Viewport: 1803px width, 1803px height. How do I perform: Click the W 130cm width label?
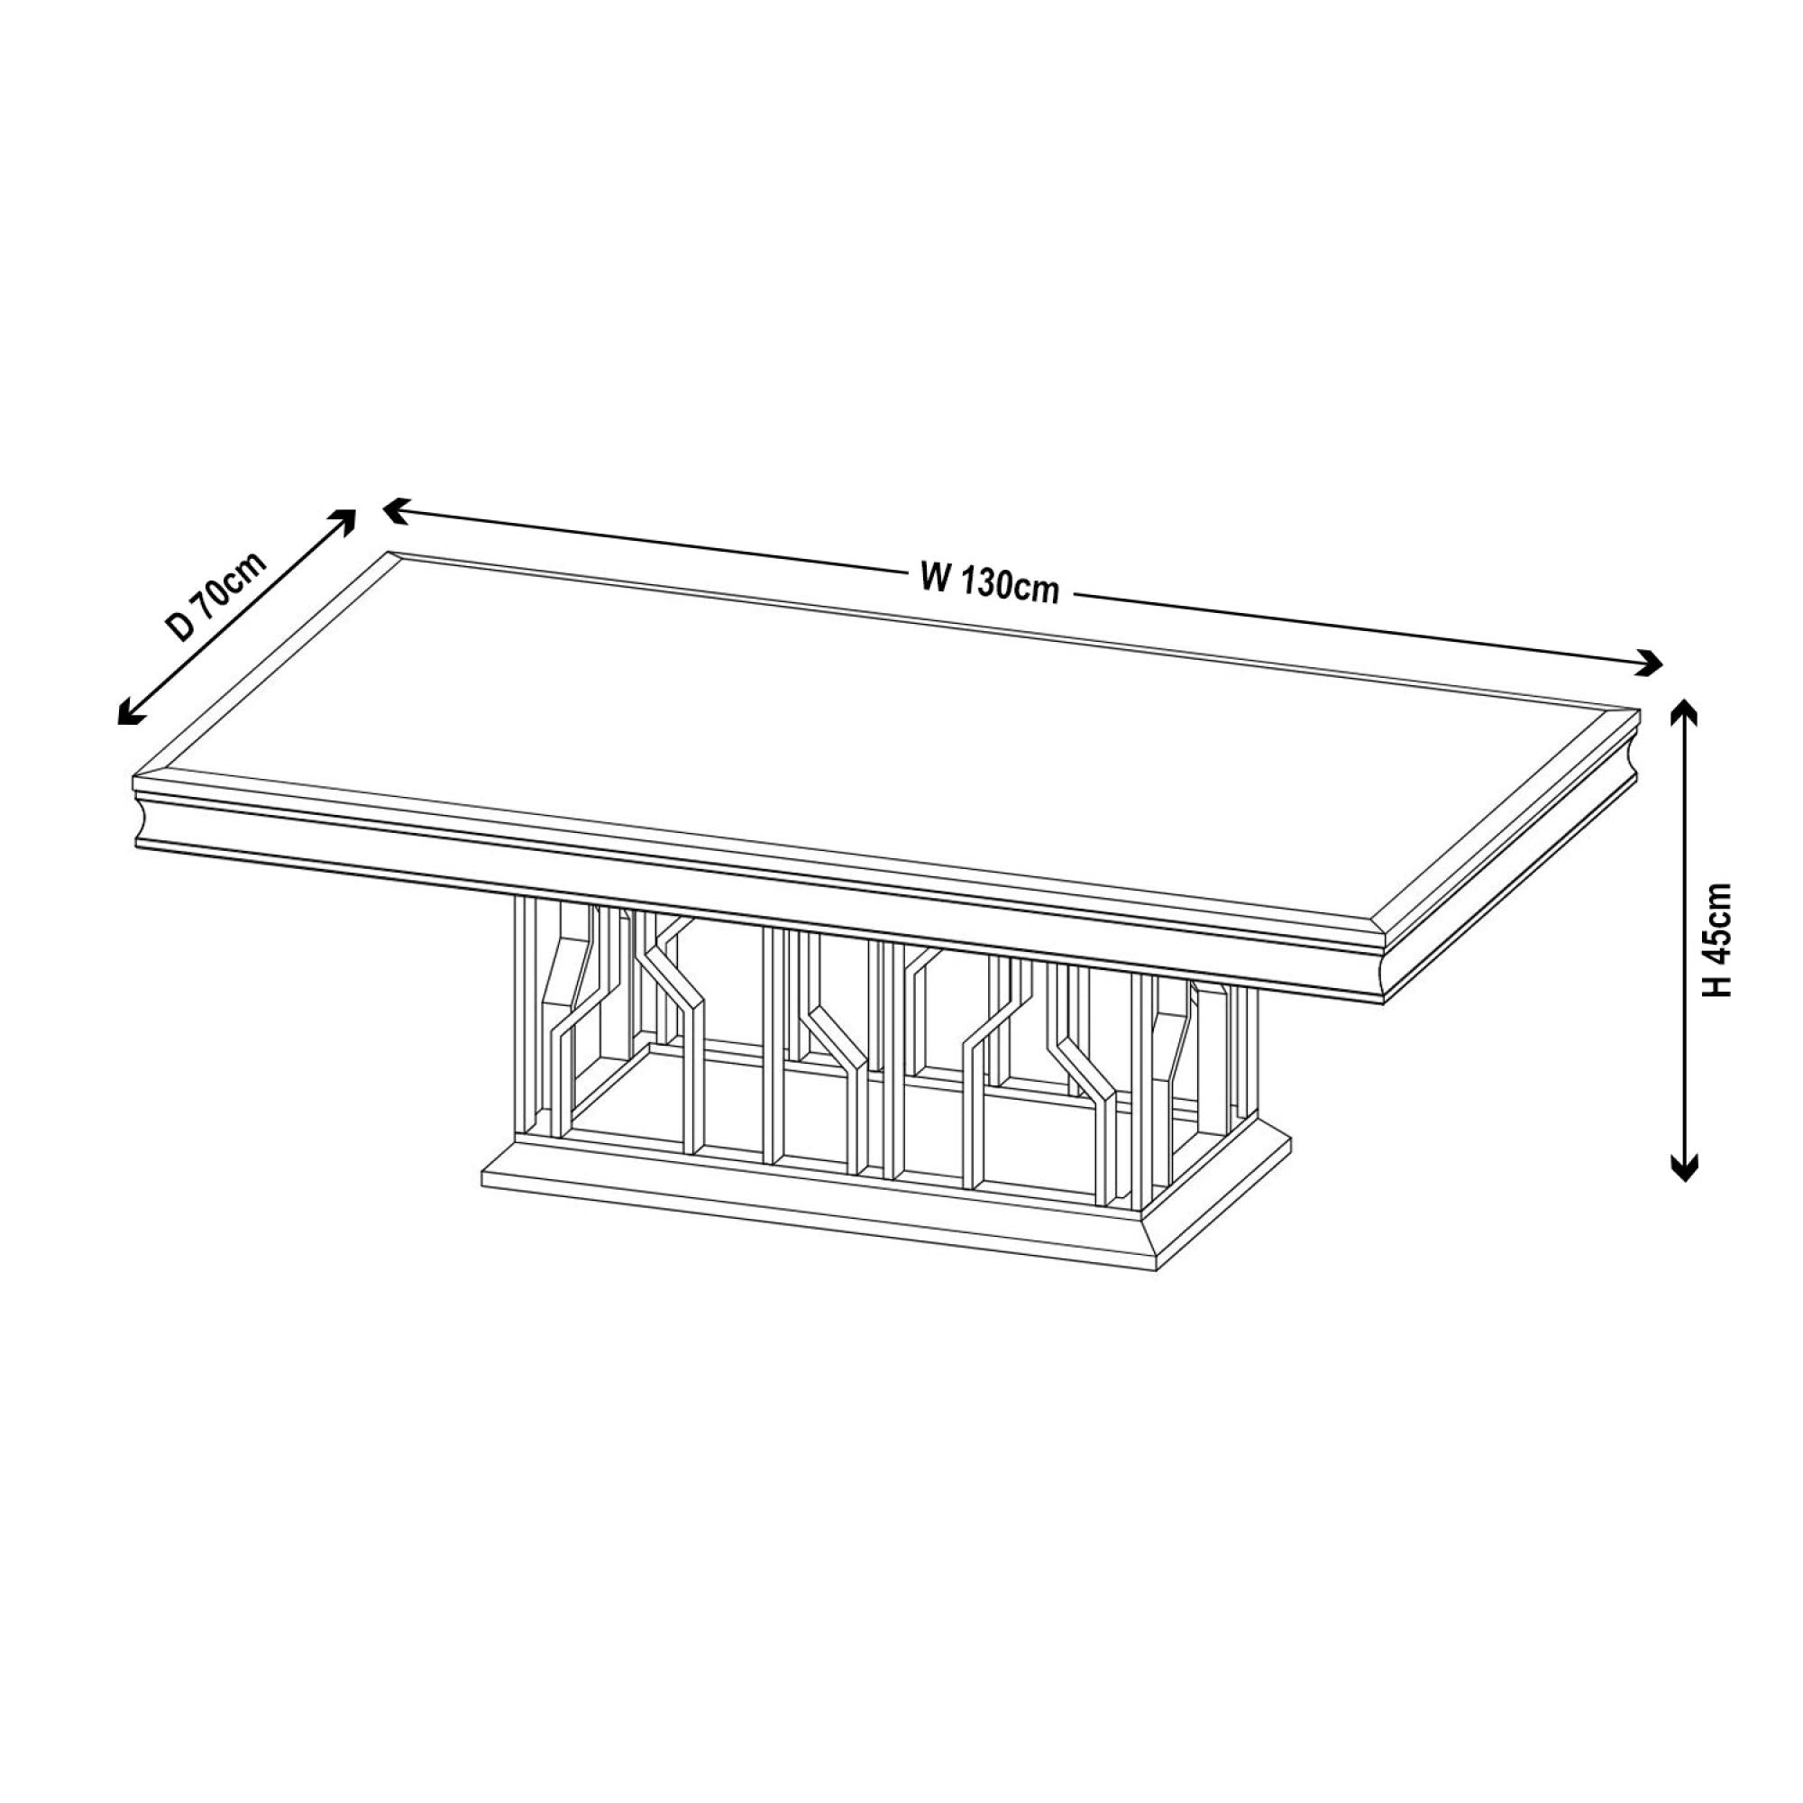tap(989, 585)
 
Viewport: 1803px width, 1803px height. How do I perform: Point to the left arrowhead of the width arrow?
tap(394, 508)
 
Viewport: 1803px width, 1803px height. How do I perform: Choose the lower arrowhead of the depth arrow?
tap(127, 715)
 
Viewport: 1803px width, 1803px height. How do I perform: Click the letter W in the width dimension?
tap(935, 579)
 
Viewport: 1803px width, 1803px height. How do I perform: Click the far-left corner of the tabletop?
tap(136, 776)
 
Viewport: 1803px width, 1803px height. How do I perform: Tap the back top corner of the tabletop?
tap(389, 553)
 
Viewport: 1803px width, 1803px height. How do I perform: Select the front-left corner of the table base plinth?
tap(481, 1168)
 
